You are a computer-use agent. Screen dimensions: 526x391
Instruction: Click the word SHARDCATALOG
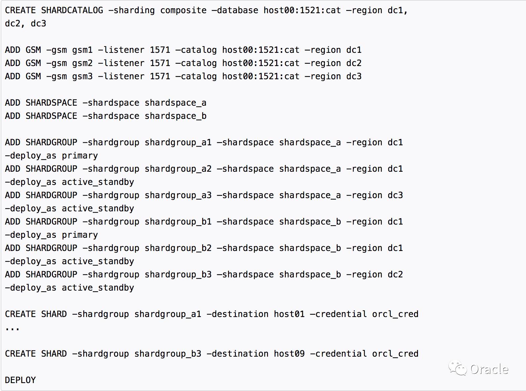[x=72, y=10]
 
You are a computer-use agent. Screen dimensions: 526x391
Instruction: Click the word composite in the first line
[x=183, y=10]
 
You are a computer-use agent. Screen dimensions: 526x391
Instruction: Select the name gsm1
[x=82, y=50]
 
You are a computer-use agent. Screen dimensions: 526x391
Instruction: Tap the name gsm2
[x=82, y=63]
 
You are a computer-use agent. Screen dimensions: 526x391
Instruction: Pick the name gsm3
[x=82, y=76]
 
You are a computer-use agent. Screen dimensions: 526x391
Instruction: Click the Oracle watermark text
[x=489, y=369]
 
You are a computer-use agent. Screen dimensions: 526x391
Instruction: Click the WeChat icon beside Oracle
[x=457, y=368]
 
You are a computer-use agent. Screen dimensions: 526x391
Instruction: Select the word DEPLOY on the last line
[x=20, y=380]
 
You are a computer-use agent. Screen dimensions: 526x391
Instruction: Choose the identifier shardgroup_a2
[x=178, y=169]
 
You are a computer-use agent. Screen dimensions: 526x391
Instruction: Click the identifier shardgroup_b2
[x=178, y=248]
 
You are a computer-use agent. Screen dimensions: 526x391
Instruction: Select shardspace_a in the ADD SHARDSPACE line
[x=175, y=103]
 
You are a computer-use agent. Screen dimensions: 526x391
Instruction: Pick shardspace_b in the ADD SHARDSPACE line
[x=175, y=116]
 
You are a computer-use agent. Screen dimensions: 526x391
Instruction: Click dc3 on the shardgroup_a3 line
[x=395, y=195]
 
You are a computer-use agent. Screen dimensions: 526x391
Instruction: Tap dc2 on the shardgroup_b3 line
[x=395, y=274]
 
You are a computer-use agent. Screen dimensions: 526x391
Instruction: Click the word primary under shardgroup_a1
[x=80, y=156]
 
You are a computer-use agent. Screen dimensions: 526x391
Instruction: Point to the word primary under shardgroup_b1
[x=80, y=235]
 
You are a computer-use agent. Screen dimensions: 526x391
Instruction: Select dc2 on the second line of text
[x=12, y=23]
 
